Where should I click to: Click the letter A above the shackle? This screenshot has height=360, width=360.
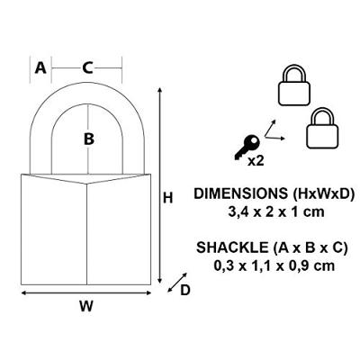tap(40, 67)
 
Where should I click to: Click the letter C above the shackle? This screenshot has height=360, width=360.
tap(86, 67)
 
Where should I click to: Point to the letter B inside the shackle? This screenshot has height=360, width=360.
tap(88, 139)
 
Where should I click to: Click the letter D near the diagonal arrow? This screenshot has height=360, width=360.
tap(185, 290)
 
